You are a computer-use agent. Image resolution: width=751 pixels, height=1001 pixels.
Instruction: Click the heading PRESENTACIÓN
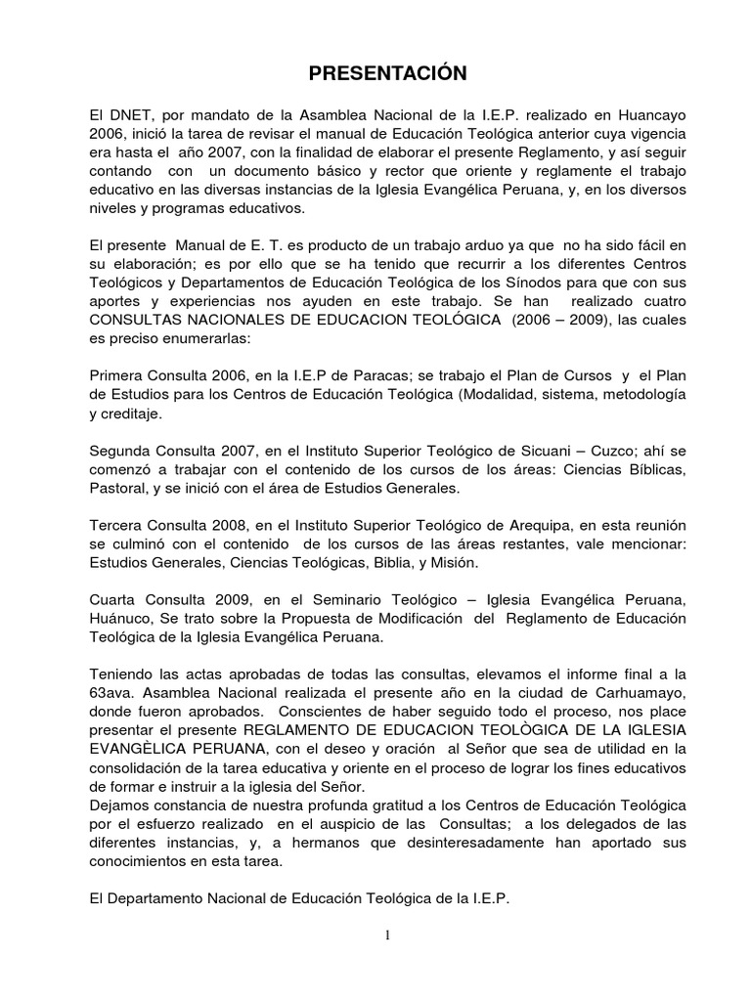pyautogui.click(x=375, y=73)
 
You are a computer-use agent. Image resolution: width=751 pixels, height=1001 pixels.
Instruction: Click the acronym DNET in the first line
pyautogui.click(x=126, y=113)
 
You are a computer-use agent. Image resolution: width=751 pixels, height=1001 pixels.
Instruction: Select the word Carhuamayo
pyautogui.click(x=608, y=695)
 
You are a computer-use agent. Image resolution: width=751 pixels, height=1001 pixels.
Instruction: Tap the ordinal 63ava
pyautogui.click(x=110, y=695)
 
